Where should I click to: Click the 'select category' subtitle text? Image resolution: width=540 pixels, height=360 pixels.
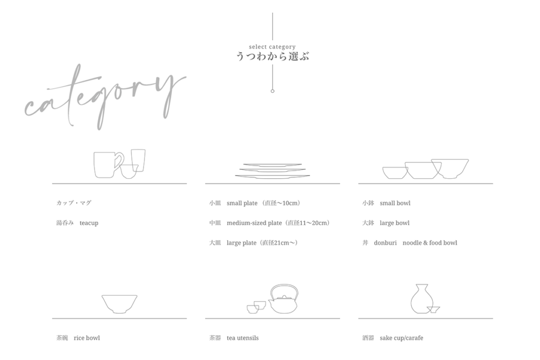(x=272, y=47)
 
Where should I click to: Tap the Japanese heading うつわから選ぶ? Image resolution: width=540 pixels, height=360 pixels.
(x=273, y=56)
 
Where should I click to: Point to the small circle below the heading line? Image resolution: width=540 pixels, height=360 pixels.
(x=273, y=91)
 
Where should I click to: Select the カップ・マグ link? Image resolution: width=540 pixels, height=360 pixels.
(x=74, y=203)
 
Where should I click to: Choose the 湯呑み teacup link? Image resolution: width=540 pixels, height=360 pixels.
(x=77, y=223)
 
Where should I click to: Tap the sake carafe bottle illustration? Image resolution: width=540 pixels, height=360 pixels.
(x=419, y=299)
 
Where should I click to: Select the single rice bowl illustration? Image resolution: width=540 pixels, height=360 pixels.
(x=120, y=304)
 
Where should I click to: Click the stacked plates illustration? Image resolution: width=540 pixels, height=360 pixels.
(x=273, y=171)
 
